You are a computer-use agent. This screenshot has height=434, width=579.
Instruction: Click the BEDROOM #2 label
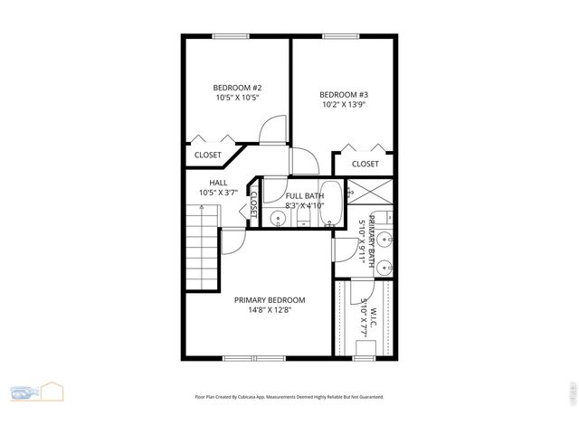237,88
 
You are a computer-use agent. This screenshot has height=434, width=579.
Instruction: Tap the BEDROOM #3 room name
344,94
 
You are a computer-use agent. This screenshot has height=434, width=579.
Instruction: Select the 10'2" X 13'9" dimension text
344,104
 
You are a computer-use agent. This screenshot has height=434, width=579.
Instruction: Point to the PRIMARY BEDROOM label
270,300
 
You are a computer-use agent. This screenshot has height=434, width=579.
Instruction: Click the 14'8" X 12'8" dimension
270,310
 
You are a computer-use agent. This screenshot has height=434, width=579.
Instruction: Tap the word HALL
218,182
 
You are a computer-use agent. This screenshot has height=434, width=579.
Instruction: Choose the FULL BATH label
304,195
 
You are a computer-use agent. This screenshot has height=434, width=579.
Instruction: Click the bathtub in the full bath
331,203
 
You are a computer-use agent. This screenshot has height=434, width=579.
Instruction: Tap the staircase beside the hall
204,246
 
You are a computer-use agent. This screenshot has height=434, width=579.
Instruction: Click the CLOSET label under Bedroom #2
208,155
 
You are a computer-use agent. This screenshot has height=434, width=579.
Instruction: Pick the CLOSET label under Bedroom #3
365,164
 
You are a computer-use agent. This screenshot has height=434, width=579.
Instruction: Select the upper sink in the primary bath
384,240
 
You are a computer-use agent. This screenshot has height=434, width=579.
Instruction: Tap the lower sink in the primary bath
384,267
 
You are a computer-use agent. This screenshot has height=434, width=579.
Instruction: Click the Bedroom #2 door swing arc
272,131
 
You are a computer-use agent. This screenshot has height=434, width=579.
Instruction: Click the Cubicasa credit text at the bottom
289,396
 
